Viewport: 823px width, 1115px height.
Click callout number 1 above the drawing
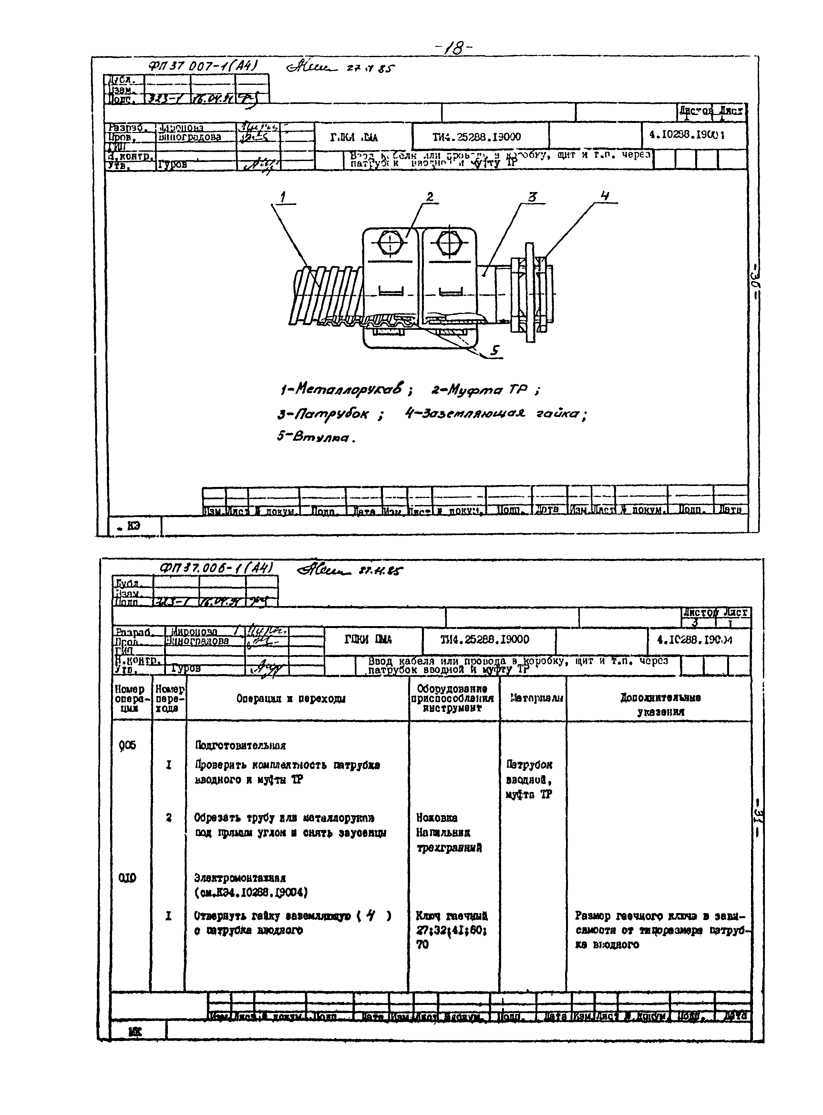[x=283, y=198]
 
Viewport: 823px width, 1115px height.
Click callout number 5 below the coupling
[x=495, y=350]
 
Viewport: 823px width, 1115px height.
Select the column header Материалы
[x=534, y=698]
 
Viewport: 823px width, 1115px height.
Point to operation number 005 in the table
[x=128, y=745]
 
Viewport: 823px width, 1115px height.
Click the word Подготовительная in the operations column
[x=240, y=745]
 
